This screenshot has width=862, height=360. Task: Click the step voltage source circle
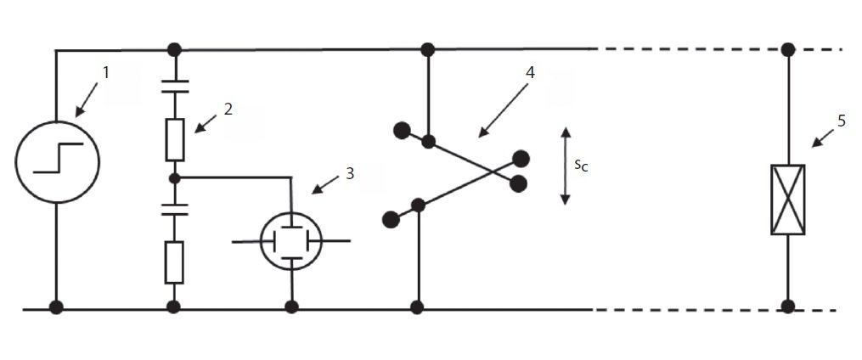click(57, 161)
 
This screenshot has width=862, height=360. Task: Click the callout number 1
click(106, 73)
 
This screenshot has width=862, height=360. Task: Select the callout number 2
click(228, 109)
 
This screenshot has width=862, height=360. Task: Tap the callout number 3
click(349, 174)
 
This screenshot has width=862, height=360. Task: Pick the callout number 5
click(841, 121)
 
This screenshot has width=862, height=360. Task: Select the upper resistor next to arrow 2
click(175, 139)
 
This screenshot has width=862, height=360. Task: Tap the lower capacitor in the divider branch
click(175, 209)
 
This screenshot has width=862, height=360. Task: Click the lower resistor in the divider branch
click(174, 262)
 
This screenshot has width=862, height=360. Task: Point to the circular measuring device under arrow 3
click(290, 241)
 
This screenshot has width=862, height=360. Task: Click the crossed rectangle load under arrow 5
click(788, 200)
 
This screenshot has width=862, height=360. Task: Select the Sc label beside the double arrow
click(581, 166)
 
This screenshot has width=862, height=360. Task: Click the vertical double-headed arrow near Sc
click(566, 166)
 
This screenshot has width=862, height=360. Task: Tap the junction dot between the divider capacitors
click(175, 178)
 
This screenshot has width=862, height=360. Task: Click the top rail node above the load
click(788, 49)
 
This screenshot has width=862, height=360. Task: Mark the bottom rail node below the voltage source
click(56, 307)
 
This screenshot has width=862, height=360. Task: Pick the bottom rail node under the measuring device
click(292, 307)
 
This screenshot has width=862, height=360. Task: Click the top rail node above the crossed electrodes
click(428, 50)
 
